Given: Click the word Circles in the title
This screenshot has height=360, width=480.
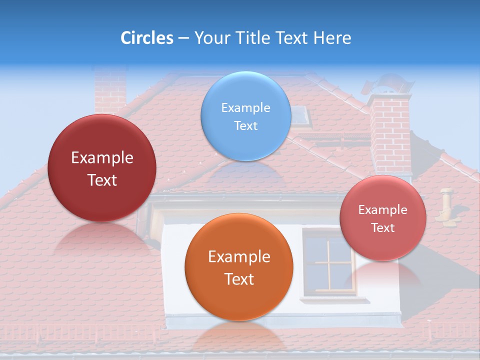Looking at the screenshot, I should [146, 38].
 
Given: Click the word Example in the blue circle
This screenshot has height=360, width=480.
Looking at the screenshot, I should [245, 107].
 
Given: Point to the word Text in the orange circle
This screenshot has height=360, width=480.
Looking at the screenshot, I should [239, 279].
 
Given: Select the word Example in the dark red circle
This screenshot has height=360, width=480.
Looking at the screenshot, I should [102, 158].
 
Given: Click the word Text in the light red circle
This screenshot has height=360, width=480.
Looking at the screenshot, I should [383, 228].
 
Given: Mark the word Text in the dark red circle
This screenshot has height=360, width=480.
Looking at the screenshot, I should [102, 180].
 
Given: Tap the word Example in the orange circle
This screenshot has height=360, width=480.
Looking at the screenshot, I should [239, 257].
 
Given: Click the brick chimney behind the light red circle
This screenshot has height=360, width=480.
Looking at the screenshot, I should [390, 135].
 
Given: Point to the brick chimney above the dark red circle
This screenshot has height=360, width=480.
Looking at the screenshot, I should [110, 90].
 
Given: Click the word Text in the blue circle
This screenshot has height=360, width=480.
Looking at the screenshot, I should [245, 125].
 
